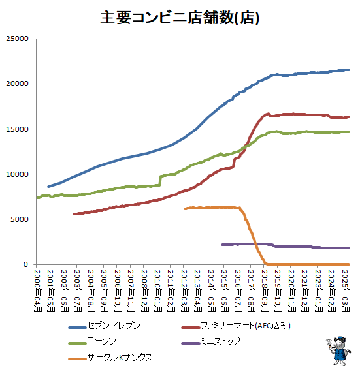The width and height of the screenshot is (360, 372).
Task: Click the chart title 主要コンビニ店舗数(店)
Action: click(180, 18)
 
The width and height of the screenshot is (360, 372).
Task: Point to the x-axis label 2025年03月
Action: click(347, 287)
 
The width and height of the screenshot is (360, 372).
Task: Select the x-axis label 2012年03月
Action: click(185, 287)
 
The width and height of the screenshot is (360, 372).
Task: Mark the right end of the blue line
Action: click(349, 70)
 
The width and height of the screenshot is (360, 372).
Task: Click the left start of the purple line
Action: click(223, 245)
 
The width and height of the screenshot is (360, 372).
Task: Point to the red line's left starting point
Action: click(74, 214)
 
